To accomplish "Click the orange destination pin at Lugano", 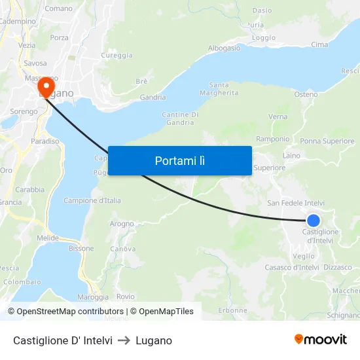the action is pos(46,86).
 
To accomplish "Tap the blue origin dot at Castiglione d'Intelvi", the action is pos(314,221).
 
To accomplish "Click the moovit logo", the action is pos(321,340).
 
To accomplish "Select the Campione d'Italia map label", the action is pos(92,200).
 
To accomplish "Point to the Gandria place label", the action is pos(153,98).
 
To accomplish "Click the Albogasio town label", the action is pos(225,48).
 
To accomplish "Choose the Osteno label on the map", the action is pos(306,94).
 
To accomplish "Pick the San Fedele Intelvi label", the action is pos(296,203).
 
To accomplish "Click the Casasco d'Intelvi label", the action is pos(291,267).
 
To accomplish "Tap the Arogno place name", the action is pos(122,223).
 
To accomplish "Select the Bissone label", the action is pos(82,248).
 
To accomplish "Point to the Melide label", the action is pos(48,238).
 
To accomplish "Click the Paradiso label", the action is pos(45,141).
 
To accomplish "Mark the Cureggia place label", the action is pos(117,56).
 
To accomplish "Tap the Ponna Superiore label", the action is pos(327,141).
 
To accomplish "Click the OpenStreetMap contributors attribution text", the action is pos(70,312).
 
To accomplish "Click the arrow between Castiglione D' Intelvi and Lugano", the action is pos(124,340).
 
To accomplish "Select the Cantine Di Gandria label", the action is pos(180,118).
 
